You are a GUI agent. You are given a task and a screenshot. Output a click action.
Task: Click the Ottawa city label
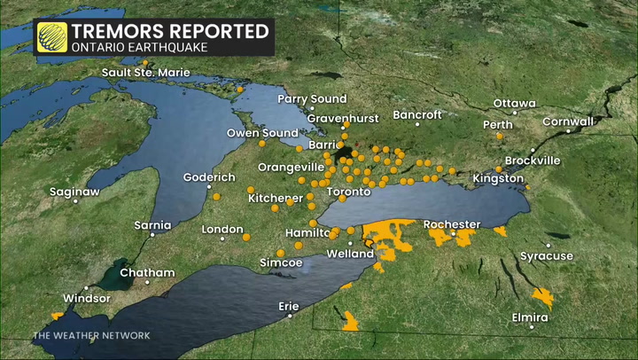(514, 103)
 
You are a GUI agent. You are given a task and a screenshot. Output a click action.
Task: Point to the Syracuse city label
(546, 256)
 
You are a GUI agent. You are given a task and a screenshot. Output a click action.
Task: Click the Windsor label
(87, 298)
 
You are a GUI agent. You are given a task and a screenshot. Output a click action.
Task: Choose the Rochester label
(452, 224)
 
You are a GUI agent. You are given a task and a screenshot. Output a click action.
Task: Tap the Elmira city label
(530, 317)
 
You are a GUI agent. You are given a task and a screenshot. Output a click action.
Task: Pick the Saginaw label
(74, 192)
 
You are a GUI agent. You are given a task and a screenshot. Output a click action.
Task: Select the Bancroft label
(416, 115)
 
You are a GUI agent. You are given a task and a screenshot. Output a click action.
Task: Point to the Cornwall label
(568, 121)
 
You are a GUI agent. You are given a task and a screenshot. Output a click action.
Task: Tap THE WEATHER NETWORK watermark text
(91, 335)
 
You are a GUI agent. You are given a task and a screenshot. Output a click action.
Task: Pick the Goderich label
(209, 176)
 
